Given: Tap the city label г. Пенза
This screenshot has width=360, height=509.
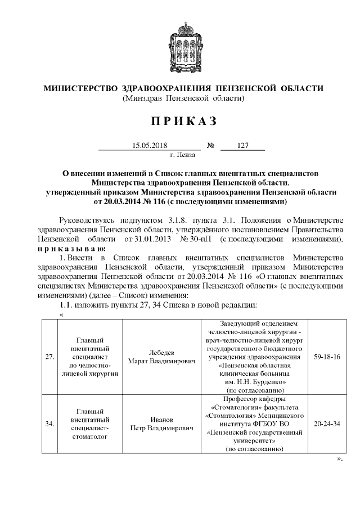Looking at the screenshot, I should [182, 154].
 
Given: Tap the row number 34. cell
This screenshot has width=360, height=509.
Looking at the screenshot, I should [49, 424].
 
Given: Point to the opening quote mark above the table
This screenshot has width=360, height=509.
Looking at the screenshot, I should [61, 314].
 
